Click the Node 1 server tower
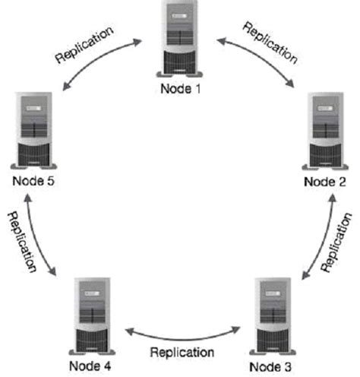[181, 40]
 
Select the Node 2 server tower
[325, 131]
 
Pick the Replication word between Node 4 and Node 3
[182, 352]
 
